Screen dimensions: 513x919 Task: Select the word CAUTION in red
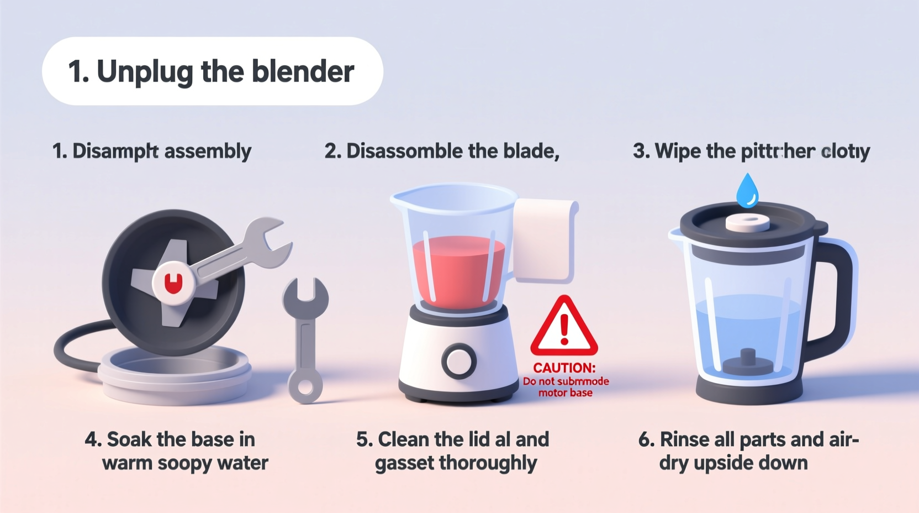click(564, 368)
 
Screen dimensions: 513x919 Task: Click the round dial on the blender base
click(459, 362)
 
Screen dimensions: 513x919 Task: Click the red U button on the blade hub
click(173, 284)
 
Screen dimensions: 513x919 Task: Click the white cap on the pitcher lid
click(747, 223)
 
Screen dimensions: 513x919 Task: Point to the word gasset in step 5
click(404, 463)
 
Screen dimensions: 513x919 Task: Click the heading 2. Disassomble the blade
click(442, 151)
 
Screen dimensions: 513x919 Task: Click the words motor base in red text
click(565, 393)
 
